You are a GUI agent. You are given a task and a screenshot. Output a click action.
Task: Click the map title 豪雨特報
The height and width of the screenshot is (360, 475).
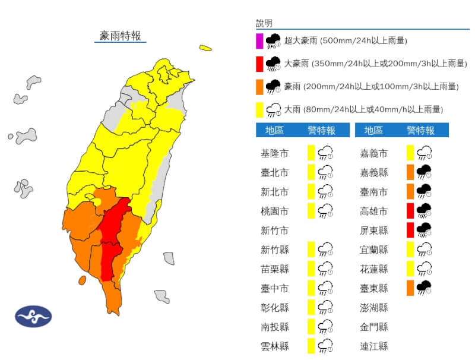(121, 36)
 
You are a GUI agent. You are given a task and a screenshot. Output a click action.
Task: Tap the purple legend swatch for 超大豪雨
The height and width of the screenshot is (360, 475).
(259, 41)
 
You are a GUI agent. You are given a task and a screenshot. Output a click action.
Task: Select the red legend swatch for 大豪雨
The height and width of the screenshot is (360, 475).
(259, 64)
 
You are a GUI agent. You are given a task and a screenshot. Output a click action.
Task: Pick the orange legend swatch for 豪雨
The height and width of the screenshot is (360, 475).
(259, 87)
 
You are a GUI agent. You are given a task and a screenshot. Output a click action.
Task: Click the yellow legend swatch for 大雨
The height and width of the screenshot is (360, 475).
(259, 109)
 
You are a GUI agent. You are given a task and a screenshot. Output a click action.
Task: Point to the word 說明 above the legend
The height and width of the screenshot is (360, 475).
(264, 23)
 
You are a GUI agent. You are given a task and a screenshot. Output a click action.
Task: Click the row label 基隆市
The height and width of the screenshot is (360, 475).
(274, 154)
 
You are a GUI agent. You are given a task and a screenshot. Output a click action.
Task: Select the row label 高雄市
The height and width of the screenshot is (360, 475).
(375, 211)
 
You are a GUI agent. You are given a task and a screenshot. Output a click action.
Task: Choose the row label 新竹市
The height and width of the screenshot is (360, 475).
(274, 230)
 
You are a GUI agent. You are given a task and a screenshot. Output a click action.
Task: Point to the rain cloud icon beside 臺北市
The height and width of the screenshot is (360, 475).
(325, 173)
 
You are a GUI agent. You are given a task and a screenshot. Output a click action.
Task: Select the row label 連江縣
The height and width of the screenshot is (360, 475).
(375, 346)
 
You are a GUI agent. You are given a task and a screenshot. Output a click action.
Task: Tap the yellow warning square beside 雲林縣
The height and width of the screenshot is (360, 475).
(311, 346)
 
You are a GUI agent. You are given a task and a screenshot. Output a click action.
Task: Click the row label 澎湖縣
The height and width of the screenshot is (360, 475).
(375, 308)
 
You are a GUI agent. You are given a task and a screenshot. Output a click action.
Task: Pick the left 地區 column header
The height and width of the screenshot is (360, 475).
(274, 130)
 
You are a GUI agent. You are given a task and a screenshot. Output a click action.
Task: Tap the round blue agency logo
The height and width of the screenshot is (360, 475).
(33, 316)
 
